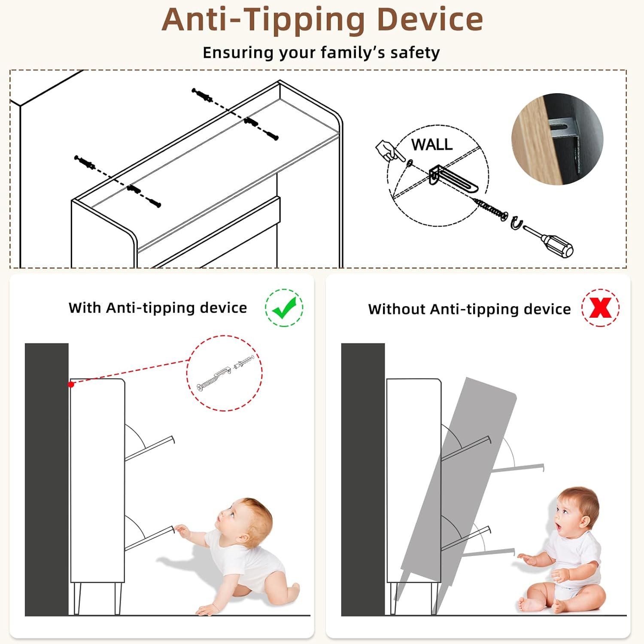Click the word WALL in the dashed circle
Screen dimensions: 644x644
tap(432, 145)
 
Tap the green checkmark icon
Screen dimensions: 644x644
tap(284, 308)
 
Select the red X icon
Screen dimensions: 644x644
tap(600, 307)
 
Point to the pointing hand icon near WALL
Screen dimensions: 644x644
tap(388, 150)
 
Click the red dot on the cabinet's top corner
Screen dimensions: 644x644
tap(71, 384)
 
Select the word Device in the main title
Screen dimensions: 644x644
tap(430, 20)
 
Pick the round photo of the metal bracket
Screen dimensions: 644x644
tap(557, 139)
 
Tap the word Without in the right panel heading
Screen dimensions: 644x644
tap(397, 309)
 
